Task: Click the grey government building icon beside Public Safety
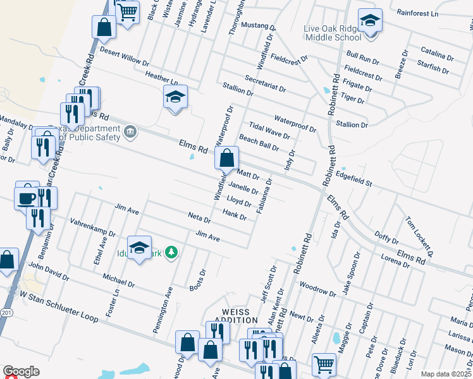(130, 132)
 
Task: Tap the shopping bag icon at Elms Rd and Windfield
(226, 158)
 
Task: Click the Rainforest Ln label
(417, 13)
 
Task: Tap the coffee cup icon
(26, 197)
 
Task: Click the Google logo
(21, 371)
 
